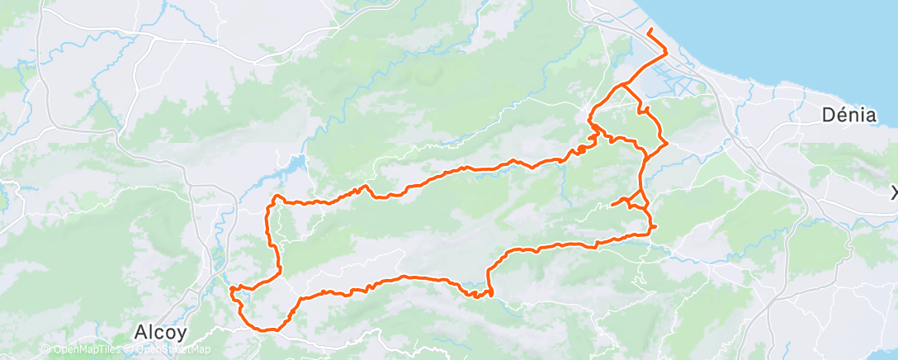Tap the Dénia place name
pos(848,116)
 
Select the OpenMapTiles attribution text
pos(87,349)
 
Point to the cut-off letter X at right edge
pos(894,192)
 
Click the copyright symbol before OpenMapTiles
pos(46,349)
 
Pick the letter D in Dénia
pos(829,116)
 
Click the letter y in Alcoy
pos(182,333)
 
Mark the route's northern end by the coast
pos(650,31)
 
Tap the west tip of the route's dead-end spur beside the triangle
pos(612,204)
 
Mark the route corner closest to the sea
pos(665,51)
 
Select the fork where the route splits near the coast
pos(626,84)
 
